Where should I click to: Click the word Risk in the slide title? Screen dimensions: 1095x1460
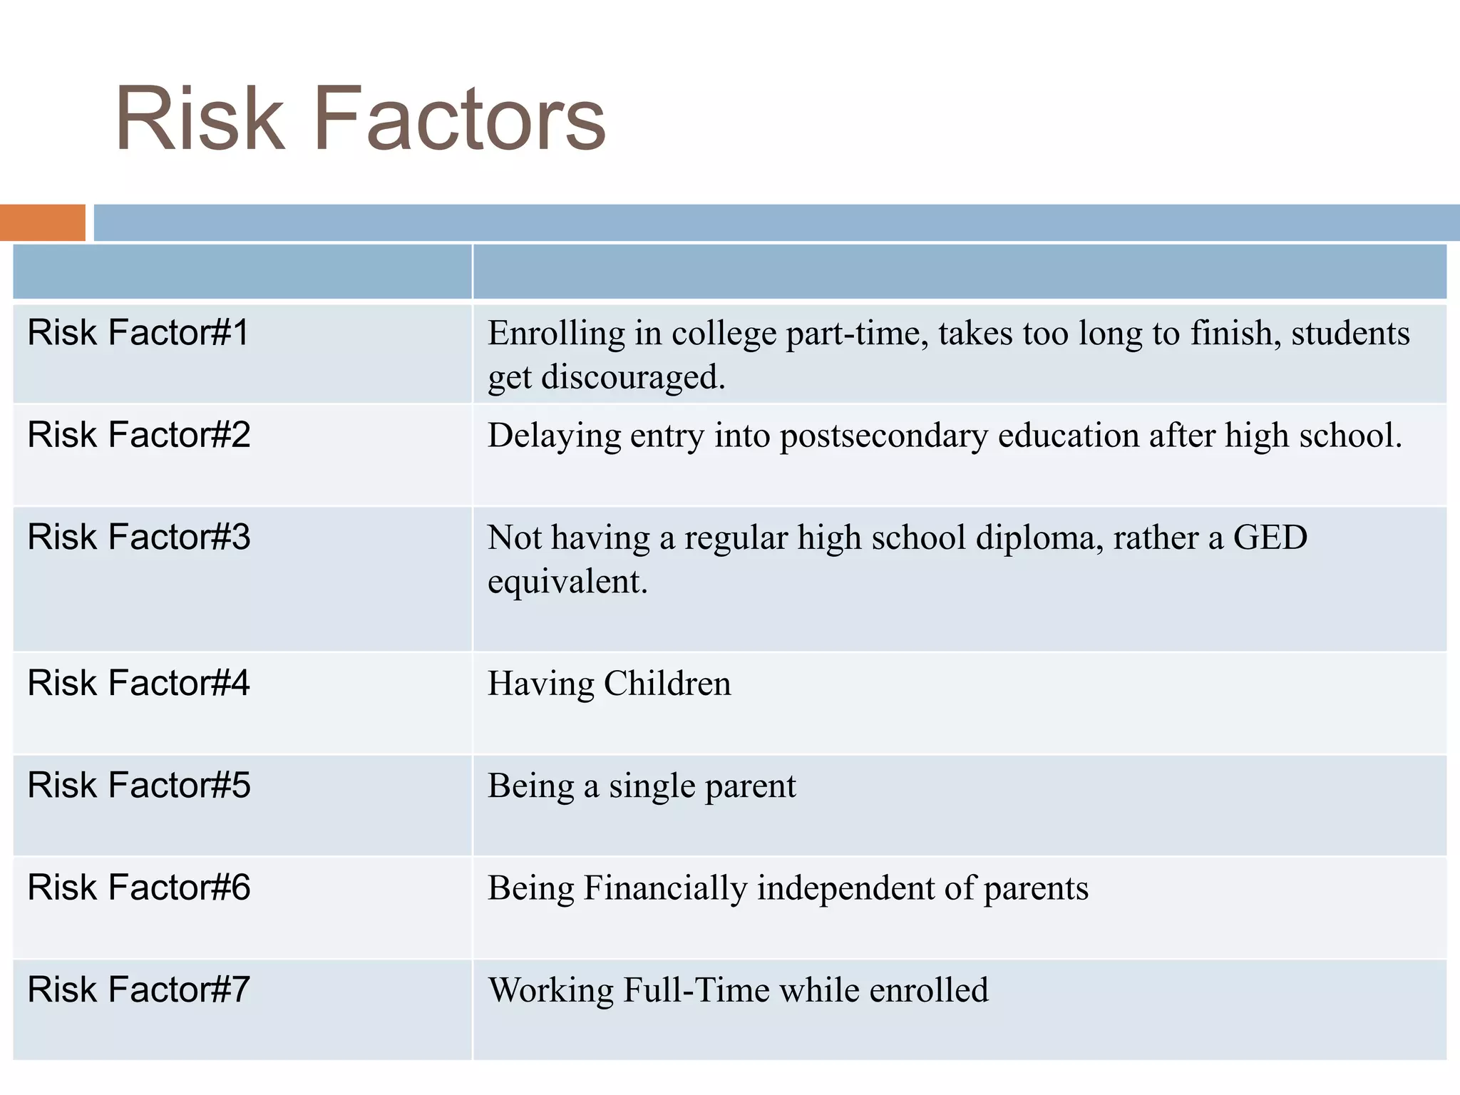(200, 120)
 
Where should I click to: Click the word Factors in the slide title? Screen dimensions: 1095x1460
(459, 120)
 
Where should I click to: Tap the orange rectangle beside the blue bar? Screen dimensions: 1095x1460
(42, 222)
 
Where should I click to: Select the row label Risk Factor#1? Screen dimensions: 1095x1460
(138, 333)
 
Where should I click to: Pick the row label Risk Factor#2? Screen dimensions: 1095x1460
(138, 435)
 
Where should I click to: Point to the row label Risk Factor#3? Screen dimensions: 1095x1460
(138, 538)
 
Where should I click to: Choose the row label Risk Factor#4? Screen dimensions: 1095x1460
(138, 683)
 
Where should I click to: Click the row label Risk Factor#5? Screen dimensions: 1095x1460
(138, 786)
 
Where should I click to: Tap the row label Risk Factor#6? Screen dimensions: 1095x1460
(138, 888)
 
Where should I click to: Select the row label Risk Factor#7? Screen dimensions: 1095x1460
(138, 990)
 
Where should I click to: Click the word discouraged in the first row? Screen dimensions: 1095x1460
(633, 378)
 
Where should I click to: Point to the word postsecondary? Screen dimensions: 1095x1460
(884, 436)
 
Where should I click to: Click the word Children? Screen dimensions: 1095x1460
(667, 684)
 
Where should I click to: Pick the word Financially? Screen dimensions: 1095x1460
(665, 889)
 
